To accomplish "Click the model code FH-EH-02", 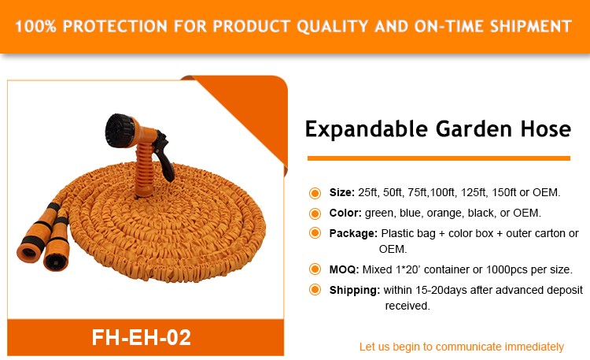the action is click(x=142, y=337).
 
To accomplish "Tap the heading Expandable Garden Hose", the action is click(x=438, y=129).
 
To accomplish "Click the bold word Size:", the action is click(x=341, y=193).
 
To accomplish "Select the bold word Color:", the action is click(x=345, y=213).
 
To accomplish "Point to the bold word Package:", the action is click(x=353, y=234).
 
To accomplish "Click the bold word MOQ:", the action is click(x=344, y=269).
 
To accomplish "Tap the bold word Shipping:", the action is click(x=355, y=290).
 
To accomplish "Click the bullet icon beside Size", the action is click(x=315, y=193).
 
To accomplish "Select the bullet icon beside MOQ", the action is click(x=315, y=269).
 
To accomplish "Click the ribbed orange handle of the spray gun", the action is click(x=145, y=169).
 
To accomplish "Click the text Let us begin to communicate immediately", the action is click(x=461, y=347).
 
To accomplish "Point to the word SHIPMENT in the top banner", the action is click(x=530, y=26).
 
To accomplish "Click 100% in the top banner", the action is click(x=35, y=26).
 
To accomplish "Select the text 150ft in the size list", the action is click(x=503, y=193).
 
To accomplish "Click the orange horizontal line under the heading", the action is click(x=439, y=158).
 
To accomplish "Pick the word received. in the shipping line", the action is click(x=407, y=306).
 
